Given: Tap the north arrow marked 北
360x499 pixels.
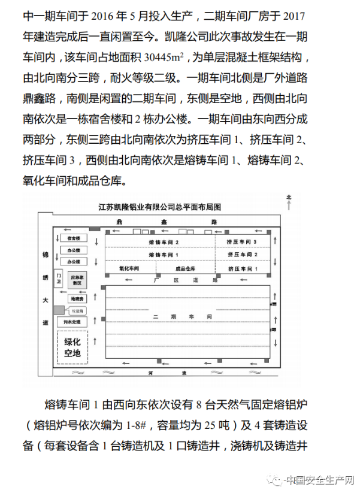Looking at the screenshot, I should [289, 202].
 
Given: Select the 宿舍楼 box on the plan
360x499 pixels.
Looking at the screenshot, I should [73, 238].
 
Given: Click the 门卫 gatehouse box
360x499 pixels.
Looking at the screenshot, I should [59, 279].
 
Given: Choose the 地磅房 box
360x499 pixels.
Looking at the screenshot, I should [77, 298].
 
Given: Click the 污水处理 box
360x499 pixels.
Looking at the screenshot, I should [72, 322].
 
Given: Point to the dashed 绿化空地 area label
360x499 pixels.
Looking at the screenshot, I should [72, 349].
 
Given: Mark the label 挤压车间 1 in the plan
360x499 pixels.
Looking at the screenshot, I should [242, 268].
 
